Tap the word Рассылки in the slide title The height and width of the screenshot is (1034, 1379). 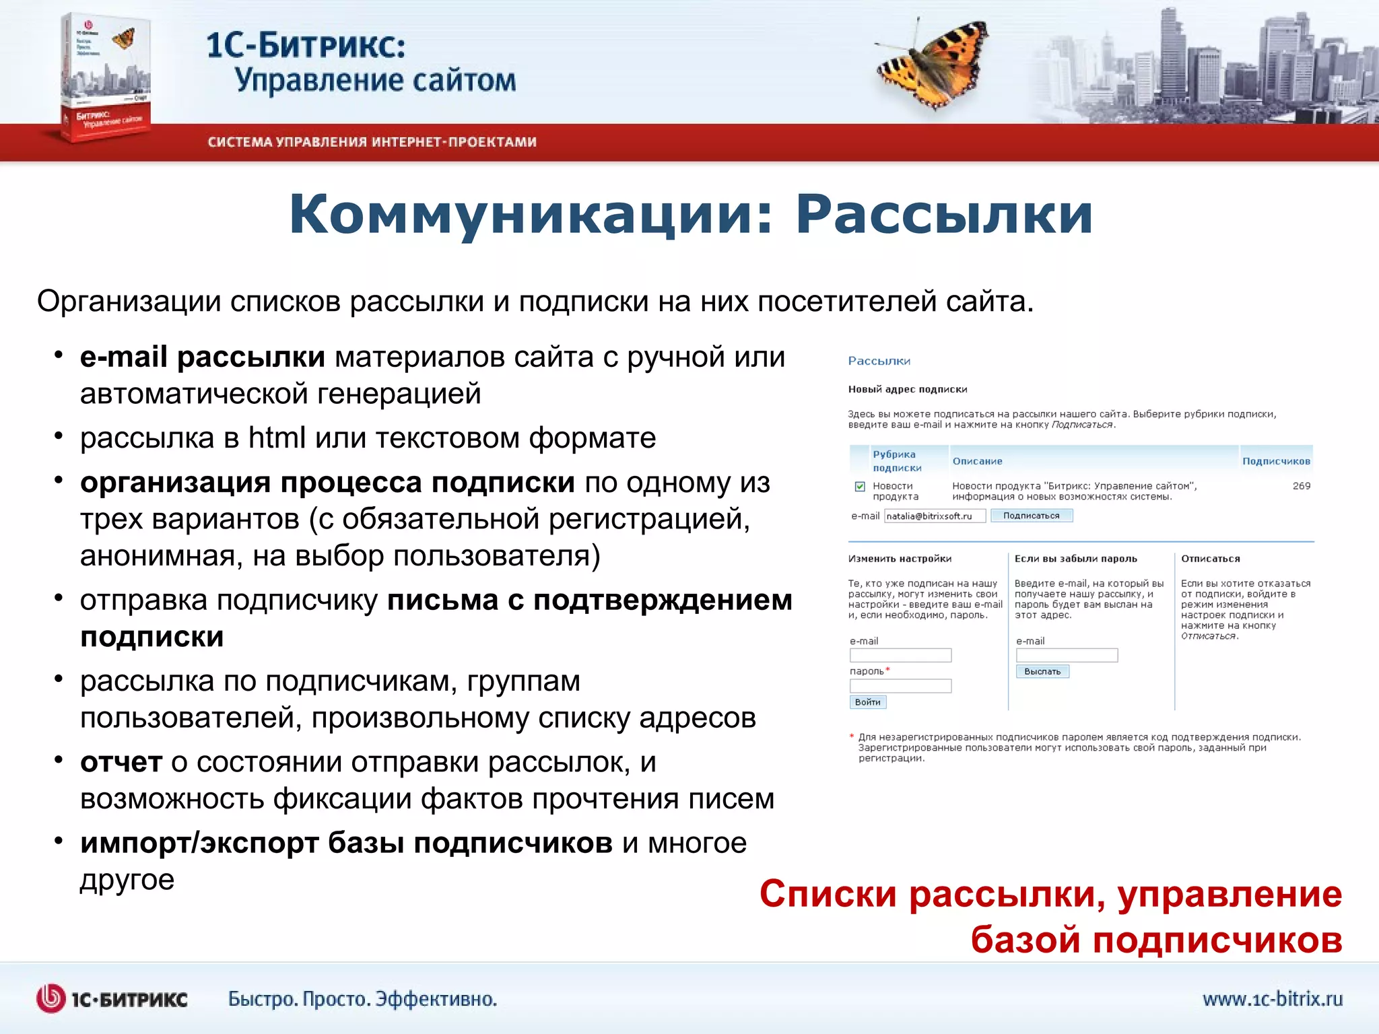pyautogui.click(x=943, y=215)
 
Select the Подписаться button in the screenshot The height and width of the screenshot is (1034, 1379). pyautogui.click(x=1031, y=516)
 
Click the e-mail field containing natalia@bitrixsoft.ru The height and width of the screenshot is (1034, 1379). pyautogui.click(x=934, y=516)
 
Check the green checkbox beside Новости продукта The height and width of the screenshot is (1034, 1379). pyautogui.click(x=860, y=487)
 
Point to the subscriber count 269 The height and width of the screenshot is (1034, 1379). pyautogui.click(x=1301, y=486)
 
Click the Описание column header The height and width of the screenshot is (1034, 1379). pyautogui.click(x=977, y=461)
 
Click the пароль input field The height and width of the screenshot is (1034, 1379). pyautogui.click(x=900, y=686)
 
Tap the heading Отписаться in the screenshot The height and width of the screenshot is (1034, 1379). pyautogui.click(x=1210, y=559)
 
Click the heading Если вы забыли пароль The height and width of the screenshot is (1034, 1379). pyautogui.click(x=1075, y=559)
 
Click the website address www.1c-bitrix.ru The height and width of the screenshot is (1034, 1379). pyautogui.click(x=1272, y=998)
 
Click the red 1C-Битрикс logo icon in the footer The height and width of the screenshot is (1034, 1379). pyautogui.click(x=51, y=998)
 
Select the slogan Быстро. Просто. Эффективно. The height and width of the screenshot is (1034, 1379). pyautogui.click(x=362, y=999)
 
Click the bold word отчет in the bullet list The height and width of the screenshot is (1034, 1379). pyautogui.click(x=121, y=762)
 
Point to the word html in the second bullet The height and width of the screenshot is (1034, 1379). pyautogui.click(x=277, y=438)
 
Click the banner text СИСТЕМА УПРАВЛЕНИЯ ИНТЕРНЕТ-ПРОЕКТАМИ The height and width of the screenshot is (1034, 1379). pyautogui.click(x=372, y=142)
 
